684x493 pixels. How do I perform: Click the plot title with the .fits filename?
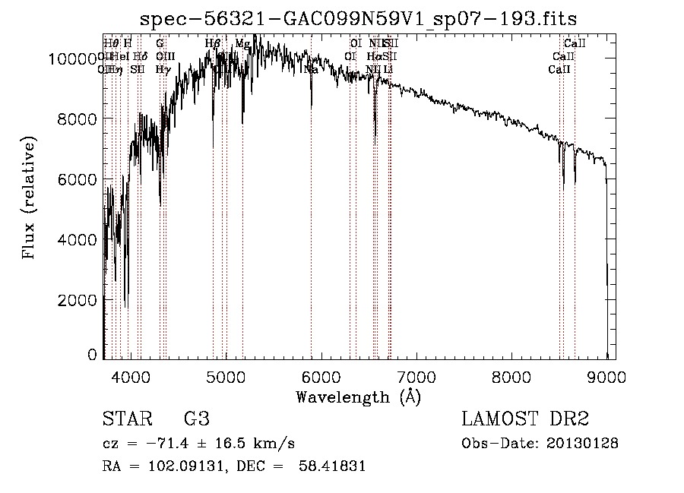(364, 19)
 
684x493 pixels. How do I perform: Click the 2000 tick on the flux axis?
(80, 299)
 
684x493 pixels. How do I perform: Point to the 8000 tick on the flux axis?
(80, 119)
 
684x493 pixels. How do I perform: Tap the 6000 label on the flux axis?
(80, 179)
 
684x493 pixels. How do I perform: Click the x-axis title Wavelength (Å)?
(358, 397)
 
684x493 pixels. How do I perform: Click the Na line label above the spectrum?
(311, 69)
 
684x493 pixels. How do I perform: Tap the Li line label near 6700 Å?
(388, 69)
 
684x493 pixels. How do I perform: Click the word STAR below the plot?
(126, 419)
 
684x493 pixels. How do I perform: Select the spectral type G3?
(197, 419)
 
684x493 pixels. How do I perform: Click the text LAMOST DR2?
(525, 419)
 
